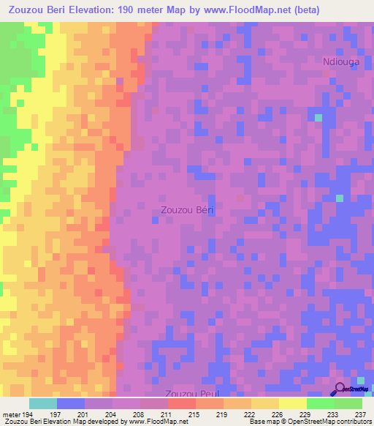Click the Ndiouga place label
341,63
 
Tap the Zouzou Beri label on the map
187,210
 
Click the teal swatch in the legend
43,403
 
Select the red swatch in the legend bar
181,403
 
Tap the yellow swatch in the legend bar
292,403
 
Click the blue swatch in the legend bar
71,403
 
